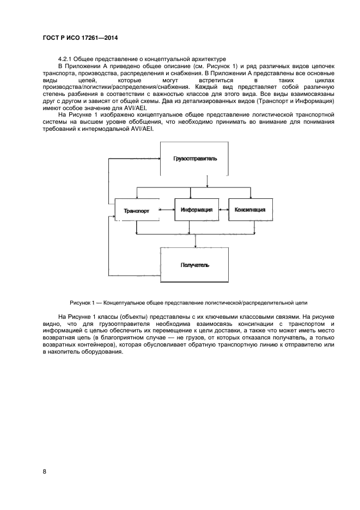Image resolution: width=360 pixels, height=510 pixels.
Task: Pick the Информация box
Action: click(195, 209)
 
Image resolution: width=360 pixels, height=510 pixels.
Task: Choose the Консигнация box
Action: click(250, 209)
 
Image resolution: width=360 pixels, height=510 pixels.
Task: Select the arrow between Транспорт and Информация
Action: click(166, 209)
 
